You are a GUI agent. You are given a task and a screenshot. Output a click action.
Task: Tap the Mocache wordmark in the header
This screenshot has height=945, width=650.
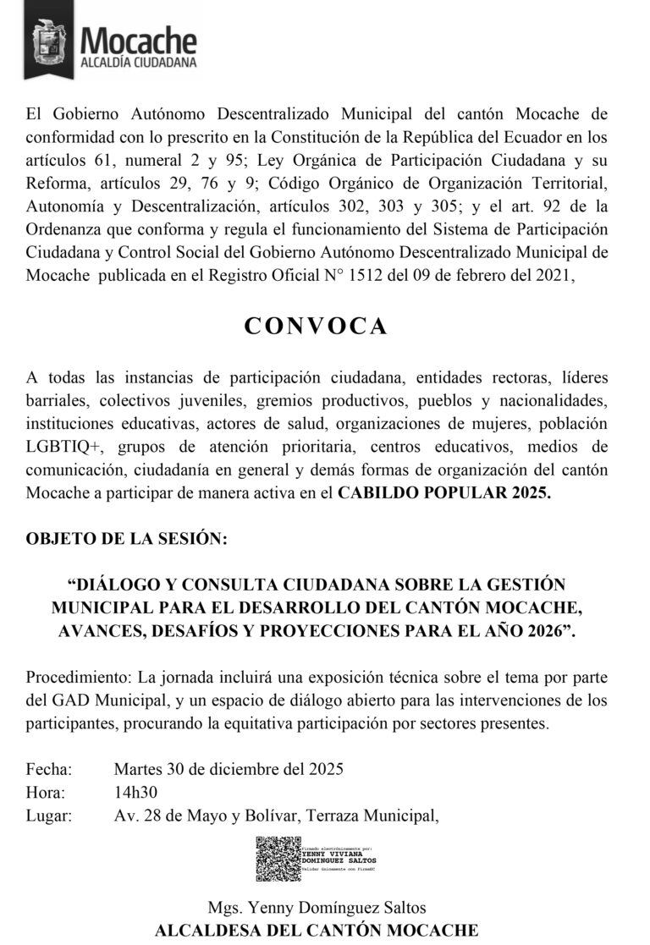coord(138,39)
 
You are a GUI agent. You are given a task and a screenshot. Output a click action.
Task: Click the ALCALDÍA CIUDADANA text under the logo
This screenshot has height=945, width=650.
coord(138,63)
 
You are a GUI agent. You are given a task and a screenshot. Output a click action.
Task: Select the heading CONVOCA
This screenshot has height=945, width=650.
coord(316,327)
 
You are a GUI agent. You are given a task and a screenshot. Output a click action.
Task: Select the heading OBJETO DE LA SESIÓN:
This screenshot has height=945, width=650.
coord(126,539)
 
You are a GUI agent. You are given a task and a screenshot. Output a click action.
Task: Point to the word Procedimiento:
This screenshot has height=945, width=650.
coord(78,679)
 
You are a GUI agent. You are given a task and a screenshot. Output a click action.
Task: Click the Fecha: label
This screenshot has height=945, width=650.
coord(49,770)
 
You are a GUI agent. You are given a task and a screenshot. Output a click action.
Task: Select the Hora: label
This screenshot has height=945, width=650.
coord(46,793)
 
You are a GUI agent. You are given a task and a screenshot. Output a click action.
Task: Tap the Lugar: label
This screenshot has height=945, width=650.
coord(49,816)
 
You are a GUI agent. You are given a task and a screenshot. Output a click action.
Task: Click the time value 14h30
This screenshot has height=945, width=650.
coord(135,793)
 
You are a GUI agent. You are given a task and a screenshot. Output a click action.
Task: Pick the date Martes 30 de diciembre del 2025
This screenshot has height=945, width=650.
coord(228,770)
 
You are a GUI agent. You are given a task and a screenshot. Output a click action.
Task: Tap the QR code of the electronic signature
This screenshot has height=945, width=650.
coord(278,859)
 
